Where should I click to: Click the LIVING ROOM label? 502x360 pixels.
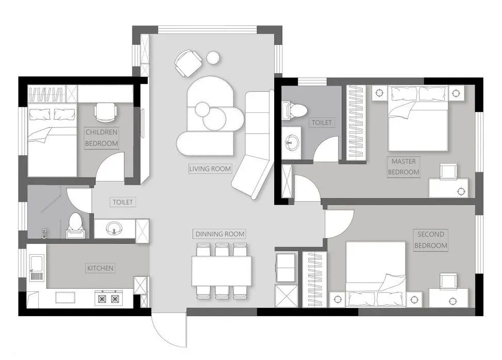point(210,169)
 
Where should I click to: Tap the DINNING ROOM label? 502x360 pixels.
point(220,234)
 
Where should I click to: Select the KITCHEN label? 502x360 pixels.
point(100,268)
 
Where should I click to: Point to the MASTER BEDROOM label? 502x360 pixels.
point(404,167)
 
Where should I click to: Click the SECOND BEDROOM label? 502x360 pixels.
point(430,240)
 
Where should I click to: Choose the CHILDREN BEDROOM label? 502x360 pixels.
point(102,138)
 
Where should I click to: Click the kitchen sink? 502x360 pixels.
point(37,268)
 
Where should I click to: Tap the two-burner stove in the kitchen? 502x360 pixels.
point(109,299)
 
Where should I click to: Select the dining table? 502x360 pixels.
point(222,271)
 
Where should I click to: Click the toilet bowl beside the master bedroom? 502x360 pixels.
point(294,111)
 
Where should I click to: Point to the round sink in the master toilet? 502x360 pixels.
point(291,141)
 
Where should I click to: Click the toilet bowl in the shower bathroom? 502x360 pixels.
point(75,226)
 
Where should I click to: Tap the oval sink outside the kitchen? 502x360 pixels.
point(114,228)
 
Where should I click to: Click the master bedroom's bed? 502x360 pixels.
point(418,118)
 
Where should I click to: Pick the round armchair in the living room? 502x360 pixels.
point(188,63)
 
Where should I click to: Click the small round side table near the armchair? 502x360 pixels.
point(212,58)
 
